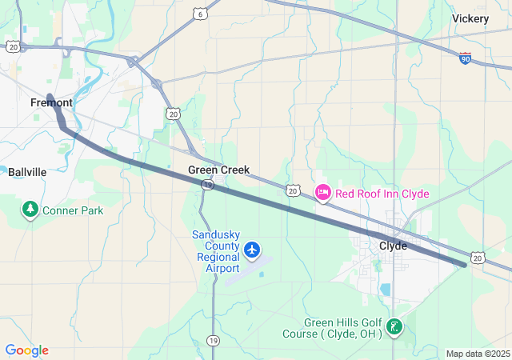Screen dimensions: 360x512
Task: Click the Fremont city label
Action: point(51,102)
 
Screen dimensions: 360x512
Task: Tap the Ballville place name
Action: point(27,172)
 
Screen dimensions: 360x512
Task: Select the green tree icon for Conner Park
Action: point(30,210)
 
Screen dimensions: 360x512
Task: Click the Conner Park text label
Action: point(73,210)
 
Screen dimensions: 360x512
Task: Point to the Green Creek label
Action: point(218,170)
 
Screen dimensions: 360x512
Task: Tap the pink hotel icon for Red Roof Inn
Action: point(323,193)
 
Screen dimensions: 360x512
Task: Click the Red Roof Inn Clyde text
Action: point(382,194)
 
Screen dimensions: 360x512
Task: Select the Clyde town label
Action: point(393,246)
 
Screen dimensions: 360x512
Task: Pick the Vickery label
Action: point(470,18)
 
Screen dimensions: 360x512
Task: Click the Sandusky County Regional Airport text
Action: point(216,251)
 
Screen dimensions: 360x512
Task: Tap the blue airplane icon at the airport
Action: point(253,250)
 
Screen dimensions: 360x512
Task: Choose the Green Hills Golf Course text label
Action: point(332,328)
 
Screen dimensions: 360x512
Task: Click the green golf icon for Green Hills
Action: point(394,326)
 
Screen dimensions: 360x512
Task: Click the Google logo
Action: point(26,350)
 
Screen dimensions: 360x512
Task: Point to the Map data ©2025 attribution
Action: point(478,354)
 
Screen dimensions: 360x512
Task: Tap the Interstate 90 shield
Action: point(465,58)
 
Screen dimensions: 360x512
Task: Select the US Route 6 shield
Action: point(200,13)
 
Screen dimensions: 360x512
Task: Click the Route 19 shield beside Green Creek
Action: point(207,185)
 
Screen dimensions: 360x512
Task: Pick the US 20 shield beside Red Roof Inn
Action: point(293,190)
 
